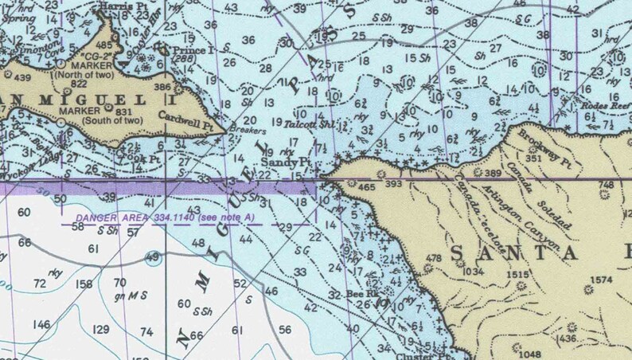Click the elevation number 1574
pos(602,280)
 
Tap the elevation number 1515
pos(517,275)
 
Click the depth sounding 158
pos(84,284)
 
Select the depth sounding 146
pos(41,324)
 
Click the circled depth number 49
pos(152,256)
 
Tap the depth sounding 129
pos(101,330)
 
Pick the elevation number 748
pos(607,185)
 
